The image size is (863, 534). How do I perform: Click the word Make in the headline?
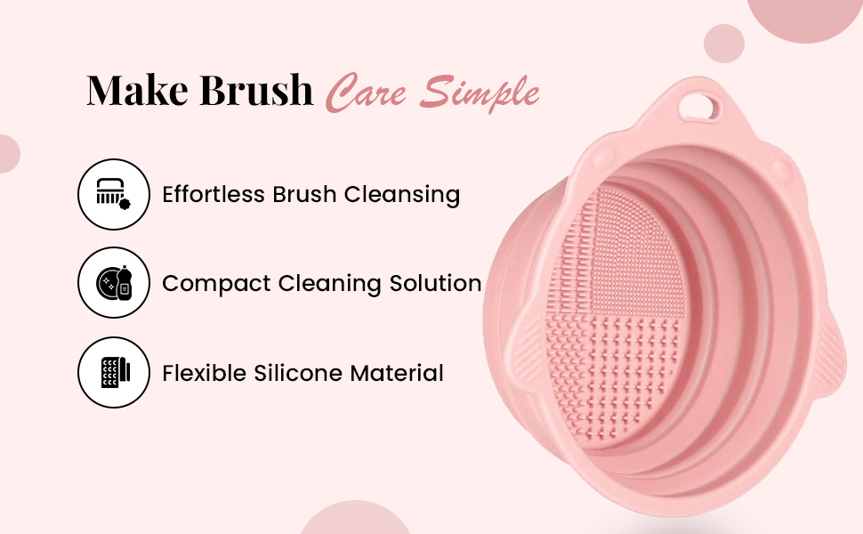coord(138,89)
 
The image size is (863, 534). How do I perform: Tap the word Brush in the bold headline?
coord(256,89)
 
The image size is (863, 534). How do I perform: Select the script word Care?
coord(366,92)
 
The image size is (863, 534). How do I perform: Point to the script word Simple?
coord(479,93)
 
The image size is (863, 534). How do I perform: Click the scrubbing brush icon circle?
coord(113,194)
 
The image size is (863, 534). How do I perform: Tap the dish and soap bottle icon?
coord(113,282)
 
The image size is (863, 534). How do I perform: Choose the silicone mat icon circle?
coord(113,372)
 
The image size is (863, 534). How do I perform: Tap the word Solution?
coord(435,283)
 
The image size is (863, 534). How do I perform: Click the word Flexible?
coord(205,373)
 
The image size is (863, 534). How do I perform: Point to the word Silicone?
coord(298,373)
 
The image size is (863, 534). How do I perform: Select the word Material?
coord(397,373)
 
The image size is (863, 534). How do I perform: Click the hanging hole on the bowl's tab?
coord(698,106)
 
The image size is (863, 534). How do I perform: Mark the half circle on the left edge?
coord(9,154)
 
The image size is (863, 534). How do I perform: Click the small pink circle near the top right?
coord(724,44)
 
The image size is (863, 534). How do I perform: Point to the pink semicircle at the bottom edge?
coord(355,518)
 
